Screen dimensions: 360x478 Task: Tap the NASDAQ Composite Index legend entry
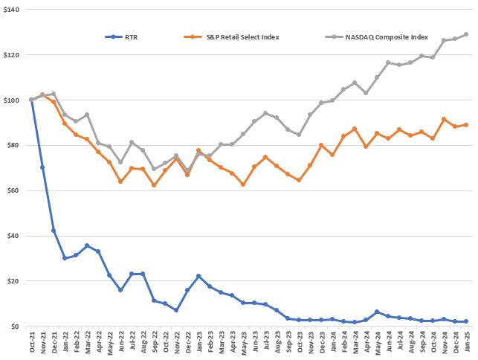(x=376, y=36)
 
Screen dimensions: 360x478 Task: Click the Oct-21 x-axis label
(x=31, y=344)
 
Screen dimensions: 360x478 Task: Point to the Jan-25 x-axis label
(x=467, y=344)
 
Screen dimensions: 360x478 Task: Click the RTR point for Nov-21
(x=42, y=167)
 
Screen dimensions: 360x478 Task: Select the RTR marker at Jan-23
(x=198, y=276)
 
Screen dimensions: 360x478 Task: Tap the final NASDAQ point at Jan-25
(x=467, y=34)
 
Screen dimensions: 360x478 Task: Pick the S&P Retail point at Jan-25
(x=467, y=125)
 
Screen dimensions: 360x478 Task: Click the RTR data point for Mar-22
(x=87, y=245)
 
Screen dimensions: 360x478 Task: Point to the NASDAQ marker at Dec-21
(x=54, y=94)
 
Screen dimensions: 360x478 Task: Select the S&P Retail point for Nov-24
(x=445, y=119)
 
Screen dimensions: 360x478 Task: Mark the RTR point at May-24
(x=378, y=312)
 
